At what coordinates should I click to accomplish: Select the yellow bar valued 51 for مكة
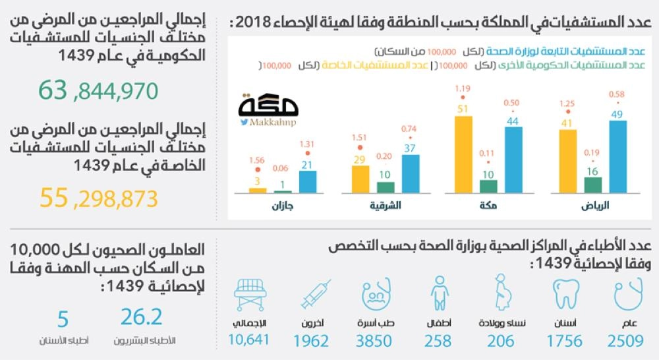pos(464,154)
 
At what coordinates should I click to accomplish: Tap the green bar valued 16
pos(592,185)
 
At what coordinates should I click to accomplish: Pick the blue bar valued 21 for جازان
pos(307,181)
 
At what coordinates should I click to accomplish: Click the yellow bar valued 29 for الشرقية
pos(360,179)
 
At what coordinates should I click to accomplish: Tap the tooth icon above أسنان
pos(565,295)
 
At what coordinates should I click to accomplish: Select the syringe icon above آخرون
pos(316,293)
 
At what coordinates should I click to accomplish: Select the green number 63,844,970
pos(98,90)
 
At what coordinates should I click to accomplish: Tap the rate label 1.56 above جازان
pos(257,160)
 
